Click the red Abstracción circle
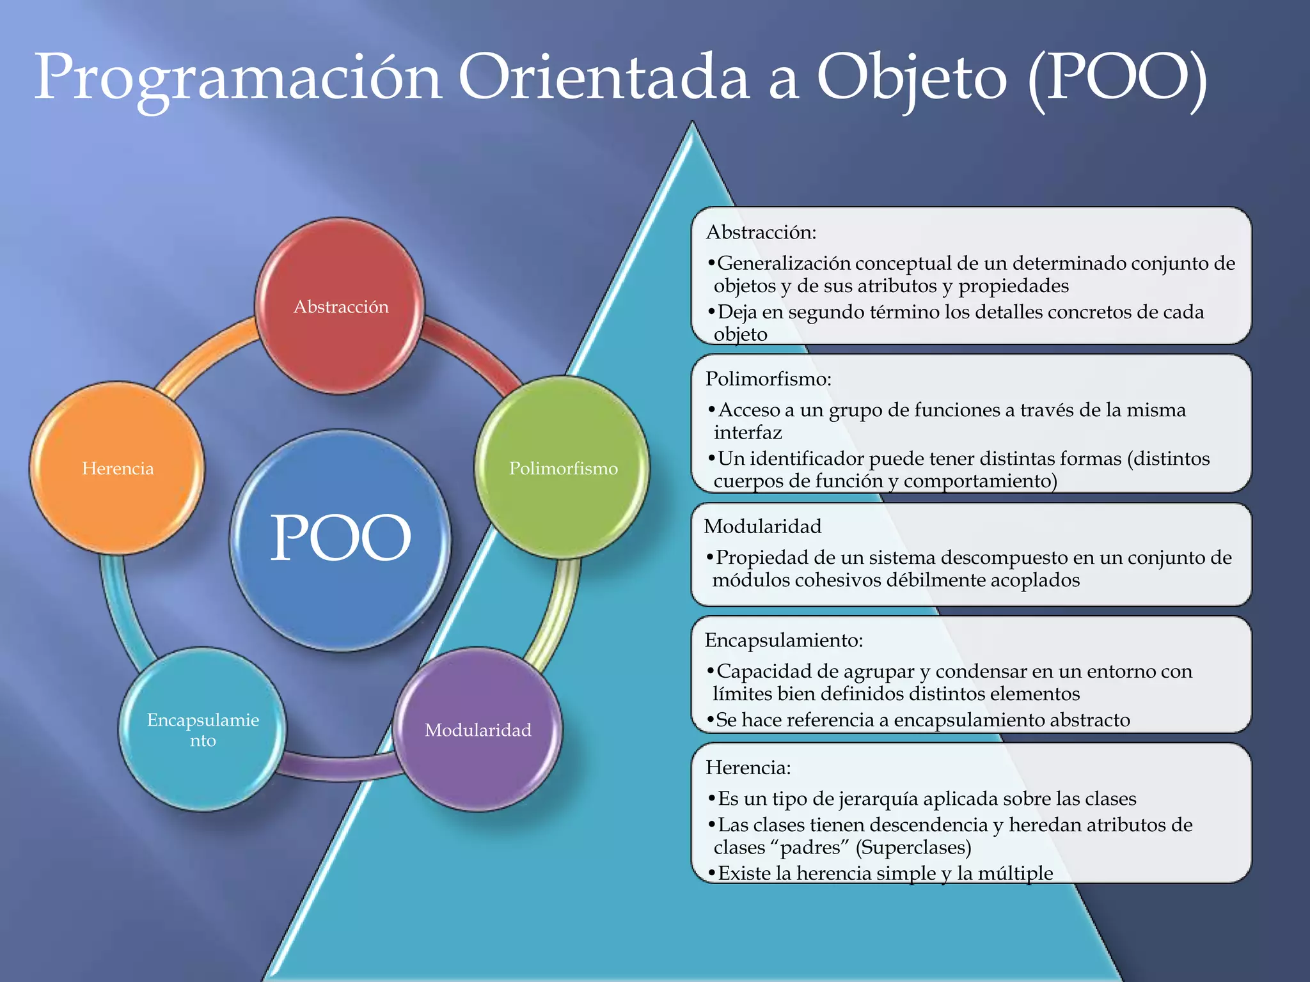pyautogui.click(x=340, y=306)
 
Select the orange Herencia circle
pyautogui.click(x=117, y=468)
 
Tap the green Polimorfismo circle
pyautogui.click(x=562, y=468)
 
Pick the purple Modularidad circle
pyautogui.click(x=478, y=729)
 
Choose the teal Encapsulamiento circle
pyautogui.click(x=203, y=729)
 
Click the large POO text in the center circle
pyautogui.click(x=340, y=538)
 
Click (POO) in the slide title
pyautogui.click(x=1117, y=78)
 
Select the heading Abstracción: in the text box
pyautogui.click(x=761, y=232)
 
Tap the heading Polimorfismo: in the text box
pyautogui.click(x=768, y=379)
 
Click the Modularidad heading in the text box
pyautogui.click(x=762, y=526)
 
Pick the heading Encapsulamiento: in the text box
pyautogui.click(x=784, y=640)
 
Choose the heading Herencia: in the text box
pyautogui.click(x=748, y=767)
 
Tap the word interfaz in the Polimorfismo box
pyautogui.click(x=748, y=433)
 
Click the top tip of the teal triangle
pyautogui.click(x=692, y=124)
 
